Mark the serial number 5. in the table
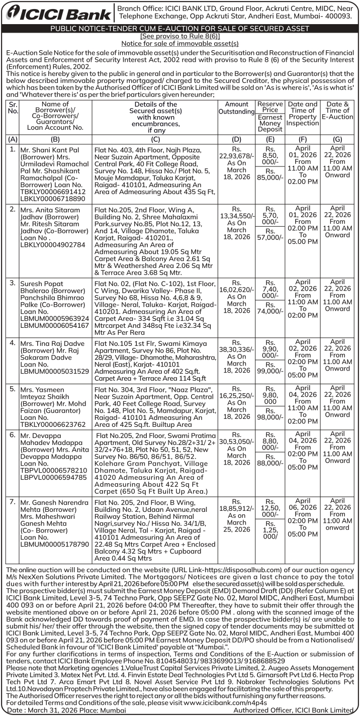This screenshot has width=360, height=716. click(x=13, y=389)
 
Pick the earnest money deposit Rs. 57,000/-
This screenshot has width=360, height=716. click(x=271, y=237)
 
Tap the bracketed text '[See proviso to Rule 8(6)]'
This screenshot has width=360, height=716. click(x=179, y=37)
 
